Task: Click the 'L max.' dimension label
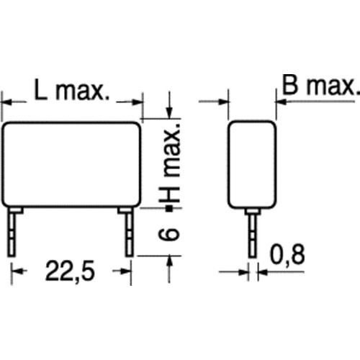click(72, 90)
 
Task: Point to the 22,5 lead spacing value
click(70, 271)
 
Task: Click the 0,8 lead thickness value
click(287, 255)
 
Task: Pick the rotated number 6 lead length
click(169, 234)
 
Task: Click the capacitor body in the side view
click(252, 165)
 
